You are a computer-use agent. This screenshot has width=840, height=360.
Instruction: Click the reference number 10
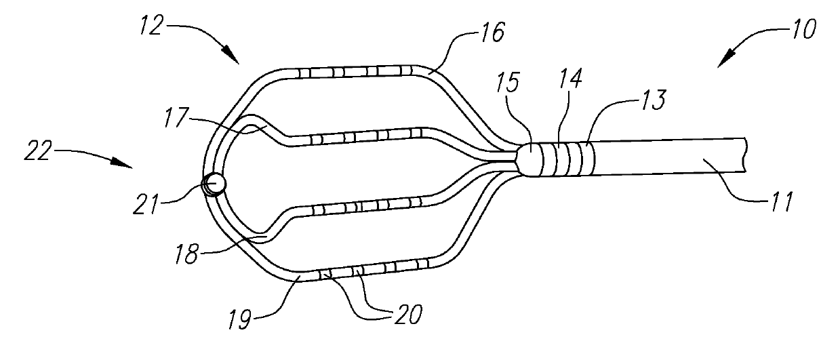point(802,29)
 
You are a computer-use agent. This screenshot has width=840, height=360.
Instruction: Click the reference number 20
point(406,313)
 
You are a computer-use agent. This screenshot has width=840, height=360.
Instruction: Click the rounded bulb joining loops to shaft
point(529,157)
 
